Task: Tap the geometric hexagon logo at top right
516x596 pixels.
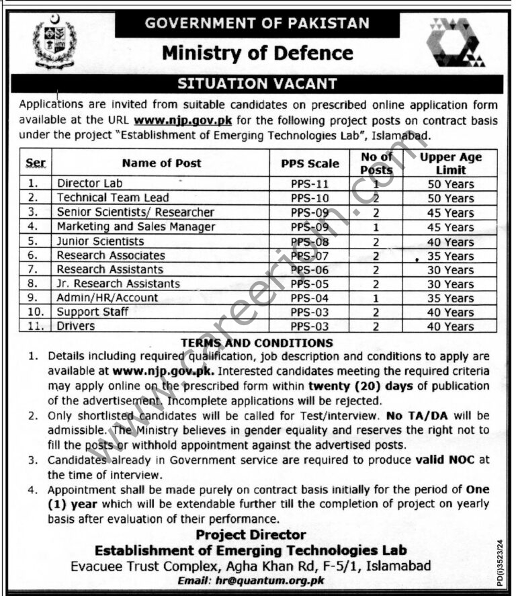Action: [456, 42]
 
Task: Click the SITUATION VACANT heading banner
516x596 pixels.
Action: [257, 84]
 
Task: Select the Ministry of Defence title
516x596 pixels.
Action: [257, 52]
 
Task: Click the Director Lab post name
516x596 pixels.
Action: [90, 183]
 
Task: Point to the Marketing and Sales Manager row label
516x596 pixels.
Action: [136, 227]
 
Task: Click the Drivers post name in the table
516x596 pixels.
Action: [76, 327]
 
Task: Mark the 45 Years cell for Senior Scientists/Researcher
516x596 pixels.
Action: [450, 213]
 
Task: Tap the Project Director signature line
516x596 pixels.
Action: [251, 536]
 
